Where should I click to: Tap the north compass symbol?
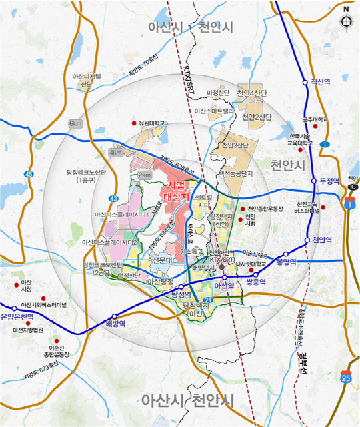pyautogui.click(x=345, y=20)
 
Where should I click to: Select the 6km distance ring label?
pyautogui.click(x=75, y=124)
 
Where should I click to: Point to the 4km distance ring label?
pyautogui.click(x=116, y=152)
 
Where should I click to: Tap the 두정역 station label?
pyautogui.click(x=330, y=181)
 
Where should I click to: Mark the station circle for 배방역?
pyautogui.click(x=115, y=316)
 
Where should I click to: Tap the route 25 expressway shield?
pyautogui.click(x=345, y=378)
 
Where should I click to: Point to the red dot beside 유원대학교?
pyautogui.click(x=133, y=123)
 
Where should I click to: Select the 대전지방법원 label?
pyautogui.click(x=27, y=330)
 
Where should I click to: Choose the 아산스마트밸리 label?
pyautogui.click(x=213, y=111)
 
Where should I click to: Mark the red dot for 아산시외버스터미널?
pyautogui.click(x=44, y=298)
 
